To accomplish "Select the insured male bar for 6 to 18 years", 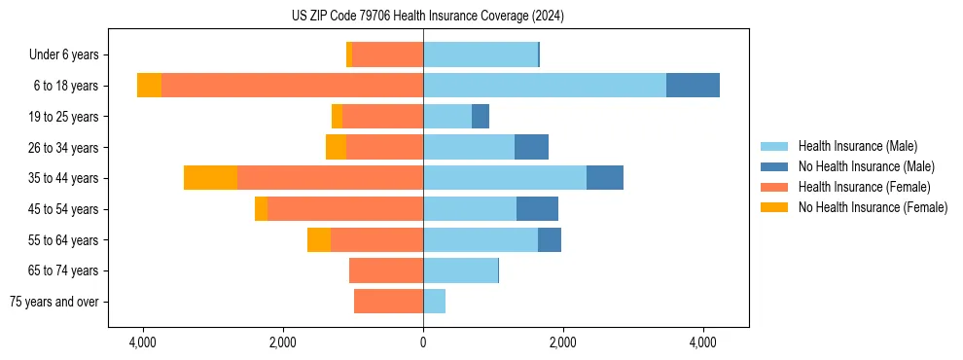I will [544, 86].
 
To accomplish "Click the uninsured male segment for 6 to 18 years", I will [693, 86].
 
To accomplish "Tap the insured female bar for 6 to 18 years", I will [292, 86].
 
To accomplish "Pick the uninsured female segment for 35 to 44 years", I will [210, 178].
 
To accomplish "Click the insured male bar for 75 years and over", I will [434, 302].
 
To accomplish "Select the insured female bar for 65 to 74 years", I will [386, 270].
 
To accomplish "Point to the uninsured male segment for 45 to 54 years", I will [537, 209].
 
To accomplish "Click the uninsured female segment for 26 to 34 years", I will [336, 147].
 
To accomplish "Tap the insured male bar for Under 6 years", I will [481, 54].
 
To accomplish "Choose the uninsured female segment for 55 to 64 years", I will [319, 239].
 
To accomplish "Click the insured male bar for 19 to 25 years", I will [447, 117].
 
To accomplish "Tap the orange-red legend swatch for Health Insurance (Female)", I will [775, 187].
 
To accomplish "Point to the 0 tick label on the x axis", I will [423, 343].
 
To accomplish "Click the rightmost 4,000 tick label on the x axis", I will [703, 343].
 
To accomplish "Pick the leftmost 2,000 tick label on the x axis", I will [283, 343].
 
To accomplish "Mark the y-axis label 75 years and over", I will [53, 302].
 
